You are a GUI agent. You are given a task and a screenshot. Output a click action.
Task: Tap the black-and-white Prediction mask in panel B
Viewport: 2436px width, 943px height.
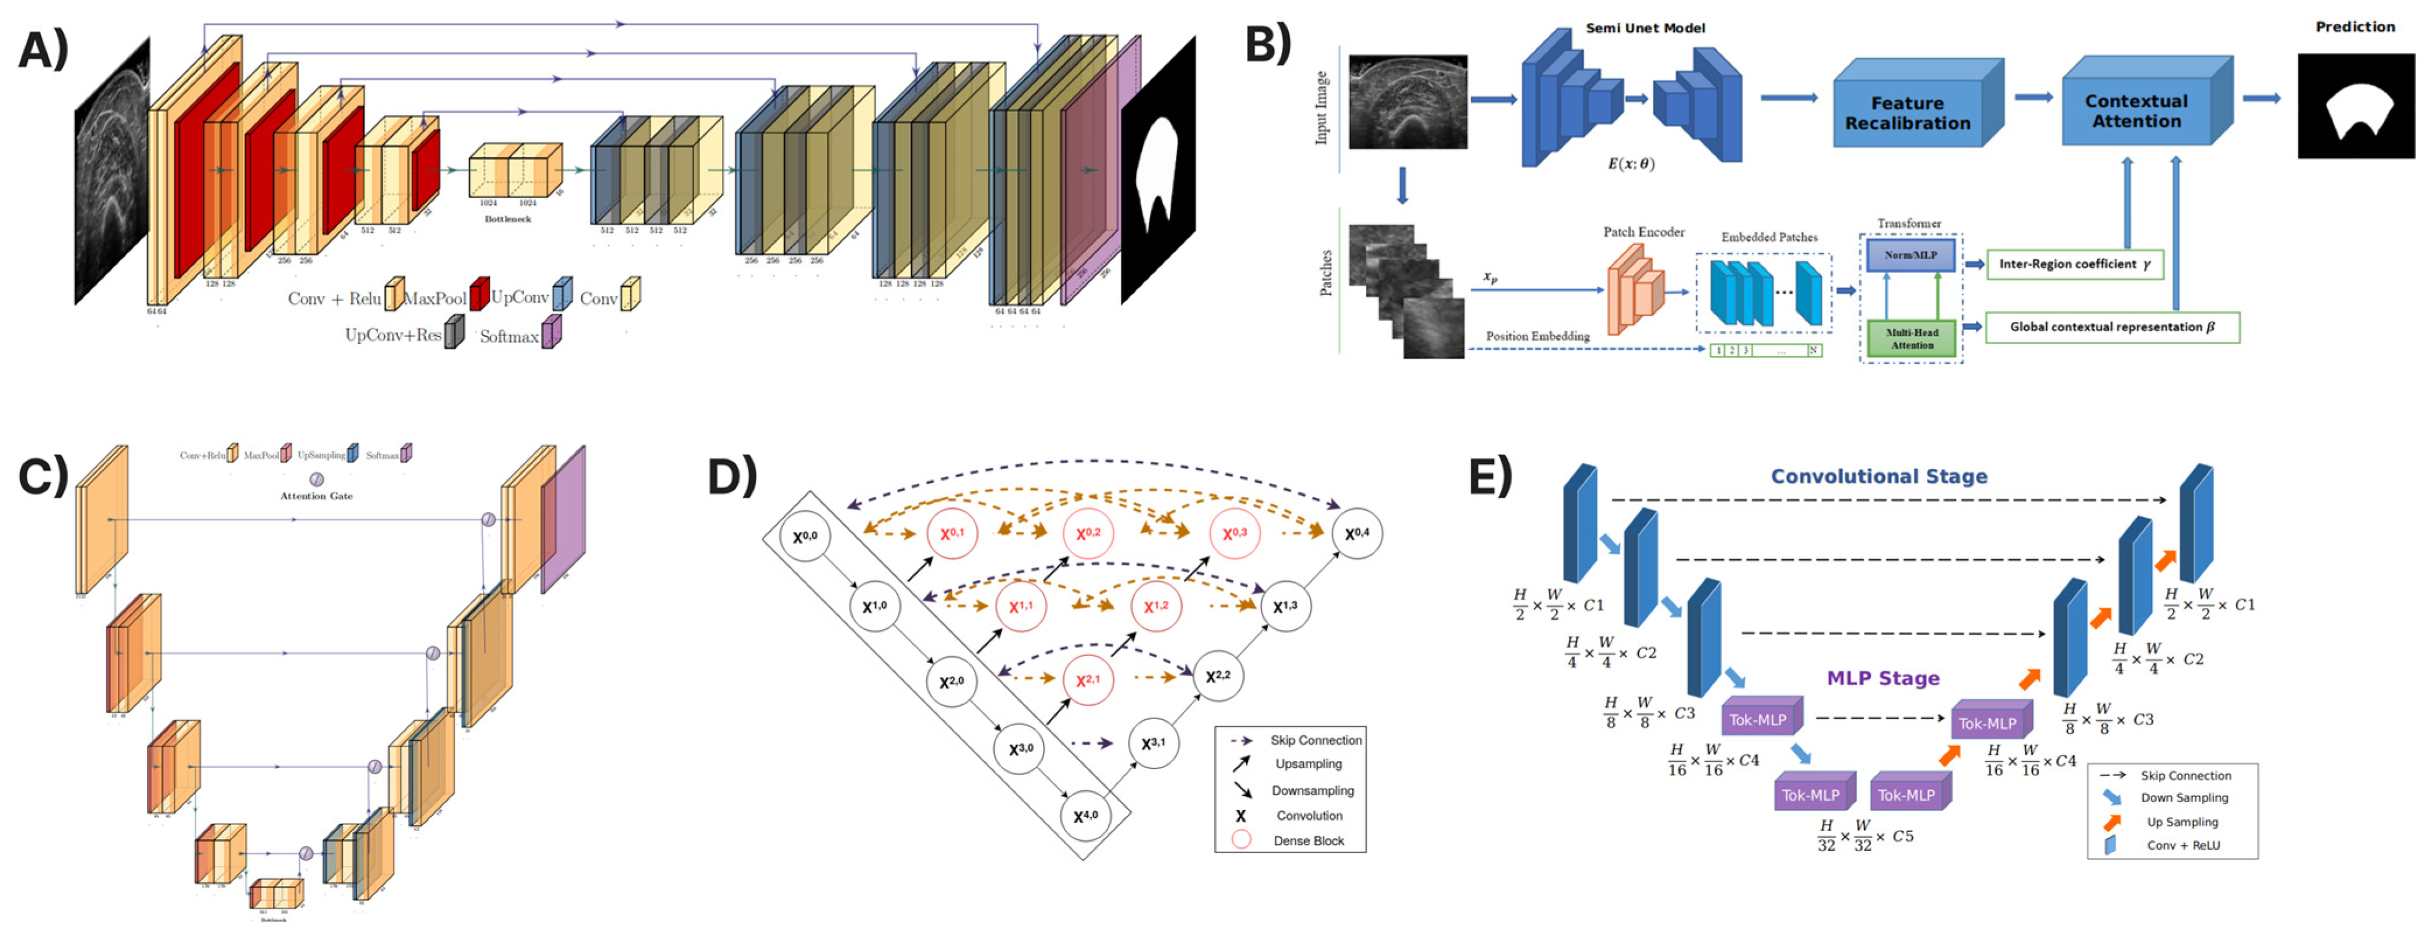[2356, 106]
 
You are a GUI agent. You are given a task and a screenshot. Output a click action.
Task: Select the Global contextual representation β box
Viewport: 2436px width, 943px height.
[2111, 327]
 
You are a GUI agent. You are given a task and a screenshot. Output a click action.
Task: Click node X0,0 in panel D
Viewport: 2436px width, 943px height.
[805, 537]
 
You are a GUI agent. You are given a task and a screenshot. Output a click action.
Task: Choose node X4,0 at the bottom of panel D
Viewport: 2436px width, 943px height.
[1085, 814]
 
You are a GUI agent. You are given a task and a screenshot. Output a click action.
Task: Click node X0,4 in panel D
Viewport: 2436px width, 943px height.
[1356, 532]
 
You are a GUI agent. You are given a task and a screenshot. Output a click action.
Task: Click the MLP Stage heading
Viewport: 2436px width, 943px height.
[1882, 678]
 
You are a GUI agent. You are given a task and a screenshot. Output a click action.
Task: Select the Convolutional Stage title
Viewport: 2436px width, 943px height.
[1878, 476]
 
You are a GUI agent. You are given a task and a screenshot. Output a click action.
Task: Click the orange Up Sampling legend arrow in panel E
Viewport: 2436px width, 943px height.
[2112, 822]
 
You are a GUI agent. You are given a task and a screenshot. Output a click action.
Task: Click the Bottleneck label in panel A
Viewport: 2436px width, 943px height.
[508, 219]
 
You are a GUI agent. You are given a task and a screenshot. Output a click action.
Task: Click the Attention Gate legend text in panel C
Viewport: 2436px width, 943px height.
[316, 496]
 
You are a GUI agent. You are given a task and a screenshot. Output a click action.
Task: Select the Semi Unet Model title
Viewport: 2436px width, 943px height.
[1645, 29]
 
